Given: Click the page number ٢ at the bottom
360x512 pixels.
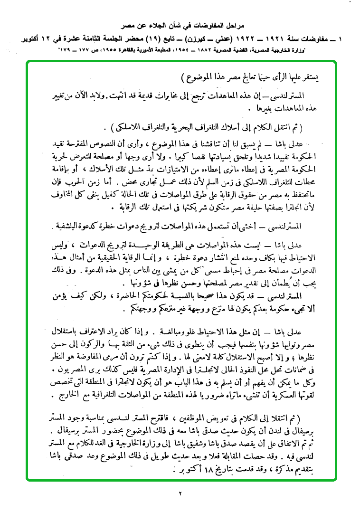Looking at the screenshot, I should pos(180,493).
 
